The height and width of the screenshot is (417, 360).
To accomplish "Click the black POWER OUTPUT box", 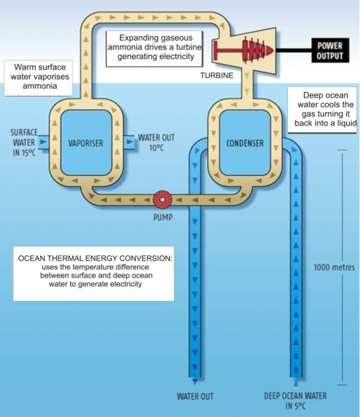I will (x=329, y=50).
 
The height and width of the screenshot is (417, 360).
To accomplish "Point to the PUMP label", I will (x=162, y=218).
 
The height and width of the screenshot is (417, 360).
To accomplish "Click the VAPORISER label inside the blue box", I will (x=86, y=143).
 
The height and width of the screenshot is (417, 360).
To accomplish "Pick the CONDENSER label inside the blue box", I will (x=244, y=143).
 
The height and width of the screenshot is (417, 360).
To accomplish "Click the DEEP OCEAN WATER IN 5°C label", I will (x=295, y=400).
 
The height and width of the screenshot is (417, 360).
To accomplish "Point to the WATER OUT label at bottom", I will (x=195, y=396).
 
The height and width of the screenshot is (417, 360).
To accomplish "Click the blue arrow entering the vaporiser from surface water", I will (x=44, y=140).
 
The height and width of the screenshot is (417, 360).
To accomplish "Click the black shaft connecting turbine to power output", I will (x=299, y=50).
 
